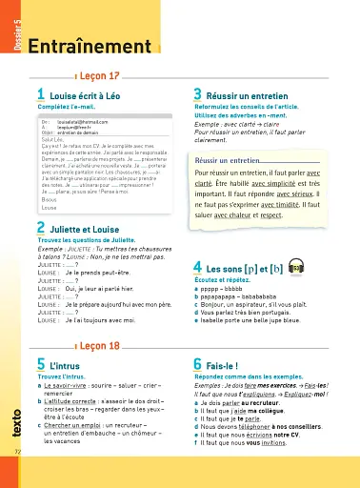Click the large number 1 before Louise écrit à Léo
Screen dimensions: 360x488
coord(41,93)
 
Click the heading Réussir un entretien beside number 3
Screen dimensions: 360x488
coord(259,93)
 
